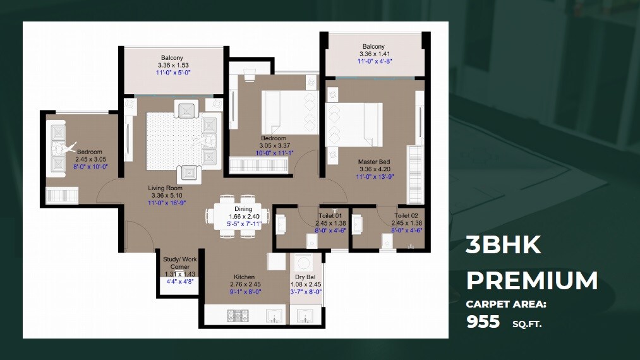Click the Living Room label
pos(166,188)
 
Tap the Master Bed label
pos(374,162)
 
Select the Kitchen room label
pos(245,277)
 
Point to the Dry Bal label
pos(305,277)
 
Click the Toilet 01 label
pos(330,216)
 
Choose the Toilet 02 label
pos(406,216)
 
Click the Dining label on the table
pos(243,209)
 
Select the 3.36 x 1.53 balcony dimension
pos(174,65)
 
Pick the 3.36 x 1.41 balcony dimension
pos(374,54)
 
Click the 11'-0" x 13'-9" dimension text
pos(374,177)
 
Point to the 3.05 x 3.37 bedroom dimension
pos(274,146)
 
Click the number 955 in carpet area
pos(483,322)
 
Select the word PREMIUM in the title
pos(532,280)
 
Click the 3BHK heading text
pos(504,245)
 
